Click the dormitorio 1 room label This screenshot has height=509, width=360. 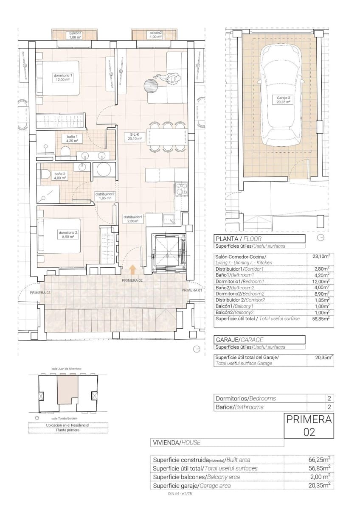pyautogui.click(x=63, y=77)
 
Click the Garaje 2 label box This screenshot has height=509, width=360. pyautogui.click(x=281, y=100)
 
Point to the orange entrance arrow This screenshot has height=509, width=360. pyautogui.click(x=133, y=269)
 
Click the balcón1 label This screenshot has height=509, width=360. pyautogui.click(x=75, y=35)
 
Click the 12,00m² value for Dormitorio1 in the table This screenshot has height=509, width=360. pyautogui.click(x=321, y=281)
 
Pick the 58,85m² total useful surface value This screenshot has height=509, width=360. pyautogui.click(x=321, y=319)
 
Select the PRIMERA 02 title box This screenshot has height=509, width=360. pyautogui.click(x=309, y=425)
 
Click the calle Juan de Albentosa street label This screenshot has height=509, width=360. pyautogui.click(x=66, y=369)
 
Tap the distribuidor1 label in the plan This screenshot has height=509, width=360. pyautogui.click(x=133, y=218)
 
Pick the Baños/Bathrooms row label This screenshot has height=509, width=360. pyautogui.click(x=240, y=407)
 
